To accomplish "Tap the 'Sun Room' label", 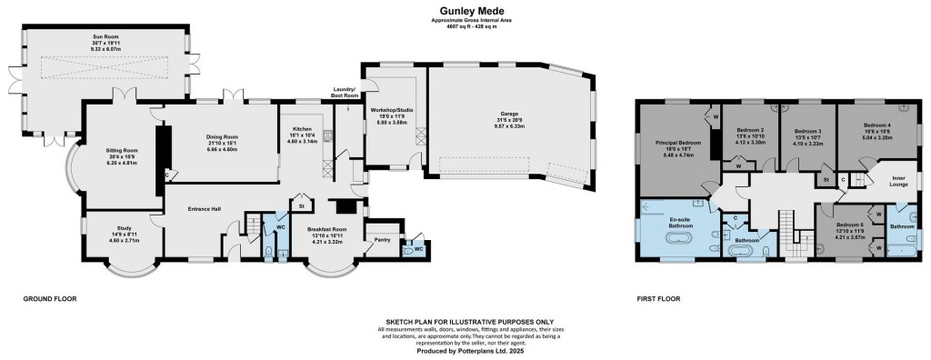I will coord(108,37).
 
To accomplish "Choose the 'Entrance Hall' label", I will coord(205,209).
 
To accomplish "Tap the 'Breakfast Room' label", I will coord(327,229).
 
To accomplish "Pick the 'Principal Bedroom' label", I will coord(679,143).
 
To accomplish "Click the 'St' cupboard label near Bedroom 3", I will coord(826,179).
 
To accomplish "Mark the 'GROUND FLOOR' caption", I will coord(50,298).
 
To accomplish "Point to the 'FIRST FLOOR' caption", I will coord(657,298).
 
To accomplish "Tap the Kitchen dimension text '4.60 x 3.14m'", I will coord(301,142).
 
